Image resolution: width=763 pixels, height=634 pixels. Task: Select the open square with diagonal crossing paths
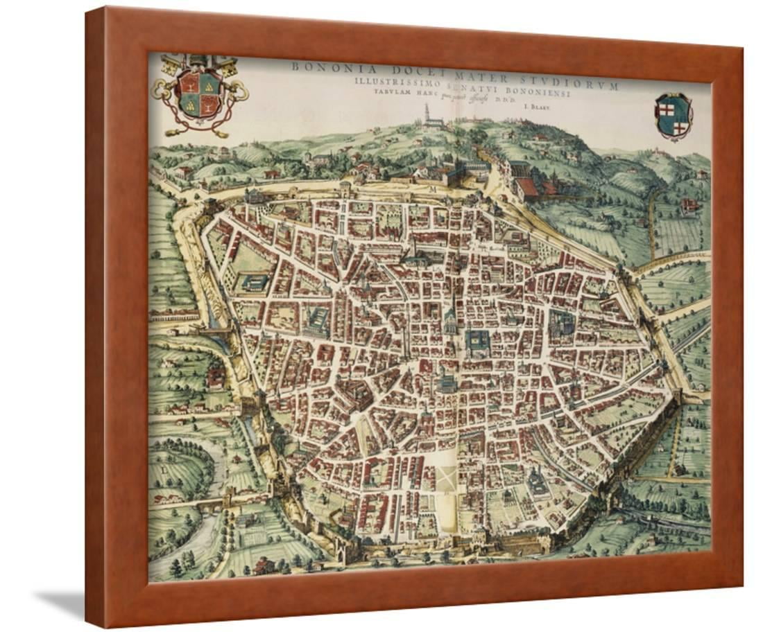tap(448, 477)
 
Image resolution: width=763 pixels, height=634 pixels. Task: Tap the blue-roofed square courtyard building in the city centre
tap(477, 339)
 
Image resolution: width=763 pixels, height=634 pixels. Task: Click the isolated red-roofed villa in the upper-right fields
tap(691, 204)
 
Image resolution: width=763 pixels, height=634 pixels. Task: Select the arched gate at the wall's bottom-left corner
tap(343, 552)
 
